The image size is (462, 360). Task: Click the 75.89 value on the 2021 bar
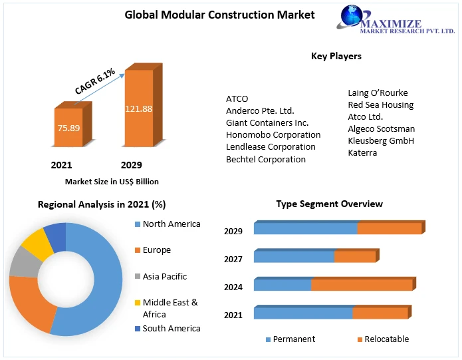pos(68,127)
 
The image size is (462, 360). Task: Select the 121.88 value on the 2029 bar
pos(138,108)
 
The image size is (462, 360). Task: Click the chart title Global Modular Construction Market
pos(220,15)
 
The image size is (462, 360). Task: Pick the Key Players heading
pos(336,57)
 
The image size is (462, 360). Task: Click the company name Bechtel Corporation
pos(266,159)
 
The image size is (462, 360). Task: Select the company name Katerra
pos(362,152)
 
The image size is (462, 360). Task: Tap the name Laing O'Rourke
pos(378,92)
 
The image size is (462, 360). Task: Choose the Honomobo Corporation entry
pos(273,134)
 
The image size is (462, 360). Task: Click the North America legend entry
pos(172,224)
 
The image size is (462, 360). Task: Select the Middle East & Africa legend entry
pos(170,308)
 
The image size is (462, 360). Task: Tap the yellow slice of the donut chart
pos(37,244)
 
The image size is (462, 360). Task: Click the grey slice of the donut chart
pos(24,264)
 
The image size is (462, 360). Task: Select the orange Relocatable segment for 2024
pos(362,285)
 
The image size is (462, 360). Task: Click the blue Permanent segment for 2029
pos(305,229)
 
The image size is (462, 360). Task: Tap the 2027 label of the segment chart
pos(233,259)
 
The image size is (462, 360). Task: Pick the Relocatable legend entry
pos(382,339)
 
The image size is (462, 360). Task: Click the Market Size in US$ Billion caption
pos(112,181)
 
